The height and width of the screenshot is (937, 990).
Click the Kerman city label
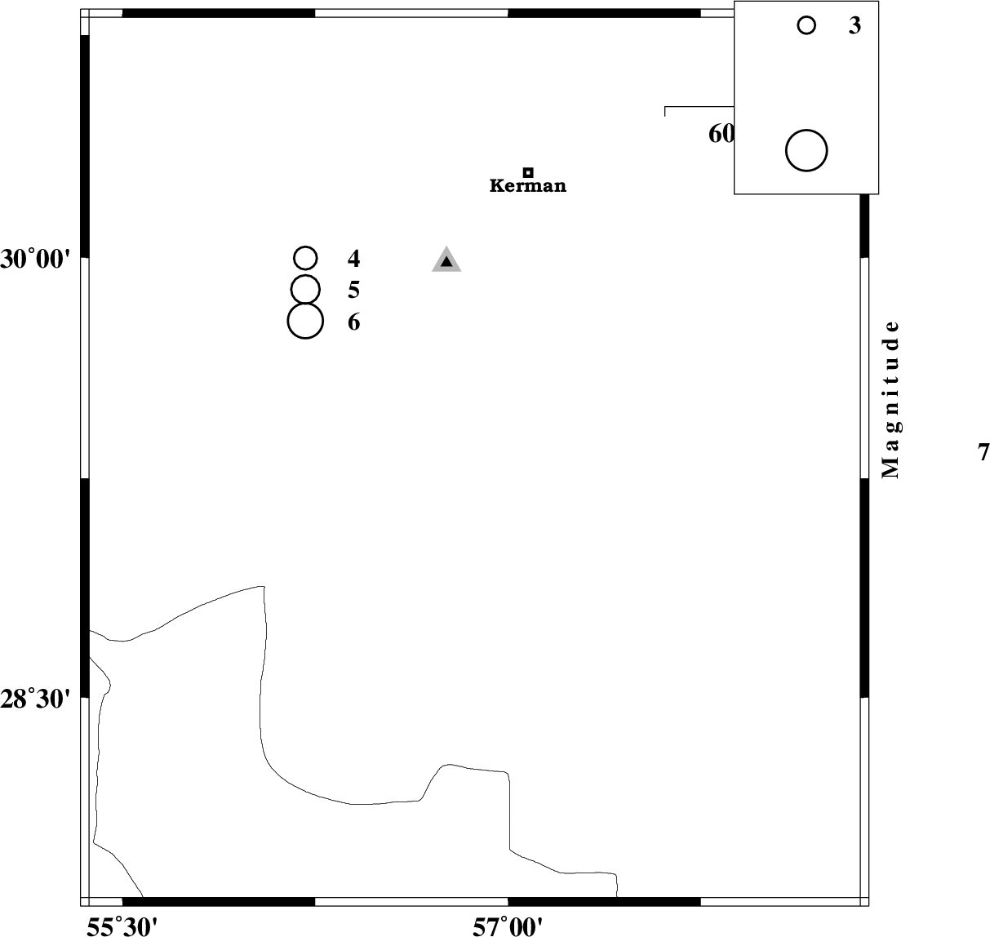(528, 186)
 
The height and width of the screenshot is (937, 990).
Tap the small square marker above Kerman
(528, 173)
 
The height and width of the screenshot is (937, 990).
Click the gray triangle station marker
(446, 260)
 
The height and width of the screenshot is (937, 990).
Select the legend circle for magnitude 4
(305, 258)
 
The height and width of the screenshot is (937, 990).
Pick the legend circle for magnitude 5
(305, 289)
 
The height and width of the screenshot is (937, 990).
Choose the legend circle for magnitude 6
(305, 321)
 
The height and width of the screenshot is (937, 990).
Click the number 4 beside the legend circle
(353, 259)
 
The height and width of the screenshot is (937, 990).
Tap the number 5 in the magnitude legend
(353, 291)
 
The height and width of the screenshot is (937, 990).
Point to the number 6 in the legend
(353, 322)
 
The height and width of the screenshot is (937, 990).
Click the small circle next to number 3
(806, 25)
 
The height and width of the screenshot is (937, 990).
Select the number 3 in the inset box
(855, 25)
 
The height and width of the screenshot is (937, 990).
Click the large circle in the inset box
(806, 151)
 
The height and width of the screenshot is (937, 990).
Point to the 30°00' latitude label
(33, 260)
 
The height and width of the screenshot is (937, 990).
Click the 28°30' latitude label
(33, 699)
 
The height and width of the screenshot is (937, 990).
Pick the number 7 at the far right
(983, 452)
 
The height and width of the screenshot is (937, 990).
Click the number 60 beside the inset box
(721, 135)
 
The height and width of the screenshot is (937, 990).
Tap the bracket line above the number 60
(699, 107)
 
